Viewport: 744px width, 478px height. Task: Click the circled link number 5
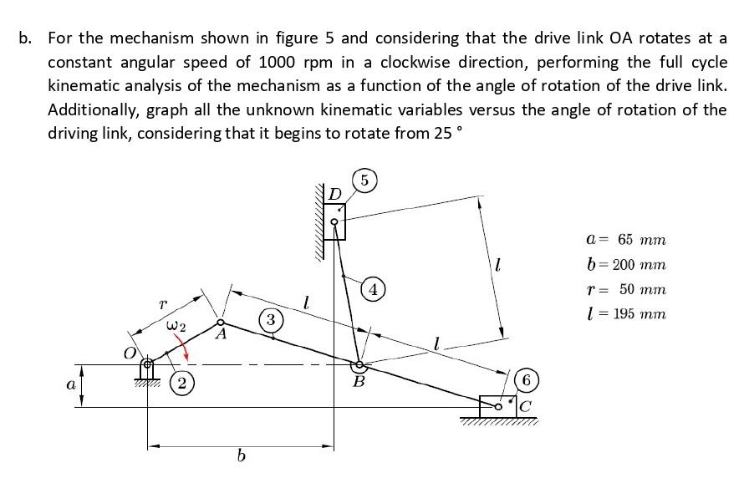click(x=364, y=181)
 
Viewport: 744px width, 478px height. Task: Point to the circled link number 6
click(x=526, y=380)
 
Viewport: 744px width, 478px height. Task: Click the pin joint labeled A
click(x=221, y=323)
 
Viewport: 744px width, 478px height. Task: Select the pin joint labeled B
click(x=360, y=365)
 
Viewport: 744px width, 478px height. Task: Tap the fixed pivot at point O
click(x=149, y=364)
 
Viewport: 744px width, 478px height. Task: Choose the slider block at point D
click(x=334, y=223)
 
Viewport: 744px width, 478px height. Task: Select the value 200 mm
click(x=640, y=264)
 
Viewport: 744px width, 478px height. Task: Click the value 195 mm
click(x=640, y=314)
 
